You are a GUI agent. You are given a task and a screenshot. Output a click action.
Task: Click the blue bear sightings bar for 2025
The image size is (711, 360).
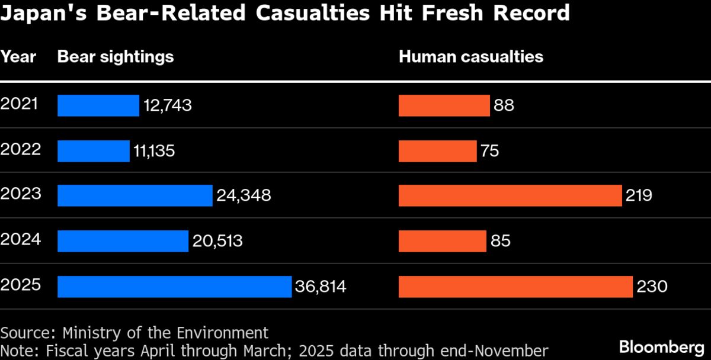[174, 287]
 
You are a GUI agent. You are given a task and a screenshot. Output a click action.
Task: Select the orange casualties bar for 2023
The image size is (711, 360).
[510, 195]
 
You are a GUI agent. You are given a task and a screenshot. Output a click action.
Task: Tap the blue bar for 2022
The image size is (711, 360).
[93, 150]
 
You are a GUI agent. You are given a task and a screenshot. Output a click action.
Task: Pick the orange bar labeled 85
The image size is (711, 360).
[442, 241]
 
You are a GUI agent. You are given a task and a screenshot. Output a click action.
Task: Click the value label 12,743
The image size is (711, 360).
[167, 106]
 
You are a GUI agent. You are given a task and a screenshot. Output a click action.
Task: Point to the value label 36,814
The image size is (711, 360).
[320, 287]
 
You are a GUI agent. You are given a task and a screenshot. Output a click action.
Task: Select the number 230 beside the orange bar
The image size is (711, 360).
[652, 287]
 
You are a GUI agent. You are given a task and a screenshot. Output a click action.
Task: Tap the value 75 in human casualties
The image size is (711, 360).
[490, 151]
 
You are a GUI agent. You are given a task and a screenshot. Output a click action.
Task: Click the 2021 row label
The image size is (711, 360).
[20, 104]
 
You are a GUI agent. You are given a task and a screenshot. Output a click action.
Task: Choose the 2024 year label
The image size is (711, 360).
[20, 239]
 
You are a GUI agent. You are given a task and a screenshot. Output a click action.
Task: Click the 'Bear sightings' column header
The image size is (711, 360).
[116, 57]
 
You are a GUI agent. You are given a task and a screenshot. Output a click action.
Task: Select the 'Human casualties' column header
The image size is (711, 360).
[471, 57]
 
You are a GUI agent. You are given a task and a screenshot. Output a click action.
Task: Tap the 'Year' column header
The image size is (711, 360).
[18, 57]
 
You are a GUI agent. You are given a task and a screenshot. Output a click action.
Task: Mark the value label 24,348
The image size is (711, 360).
[244, 195]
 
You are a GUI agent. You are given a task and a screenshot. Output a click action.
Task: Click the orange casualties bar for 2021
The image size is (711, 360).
[444, 105]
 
